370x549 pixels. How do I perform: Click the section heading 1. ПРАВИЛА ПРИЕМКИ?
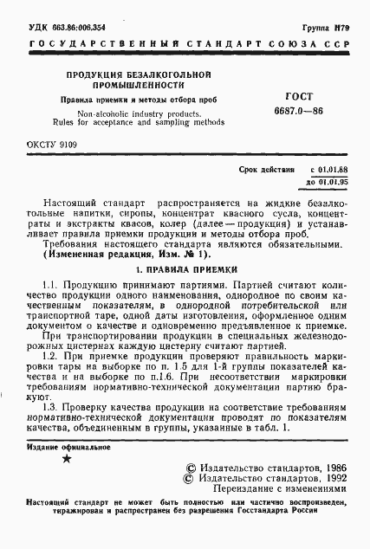(x=184, y=269)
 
